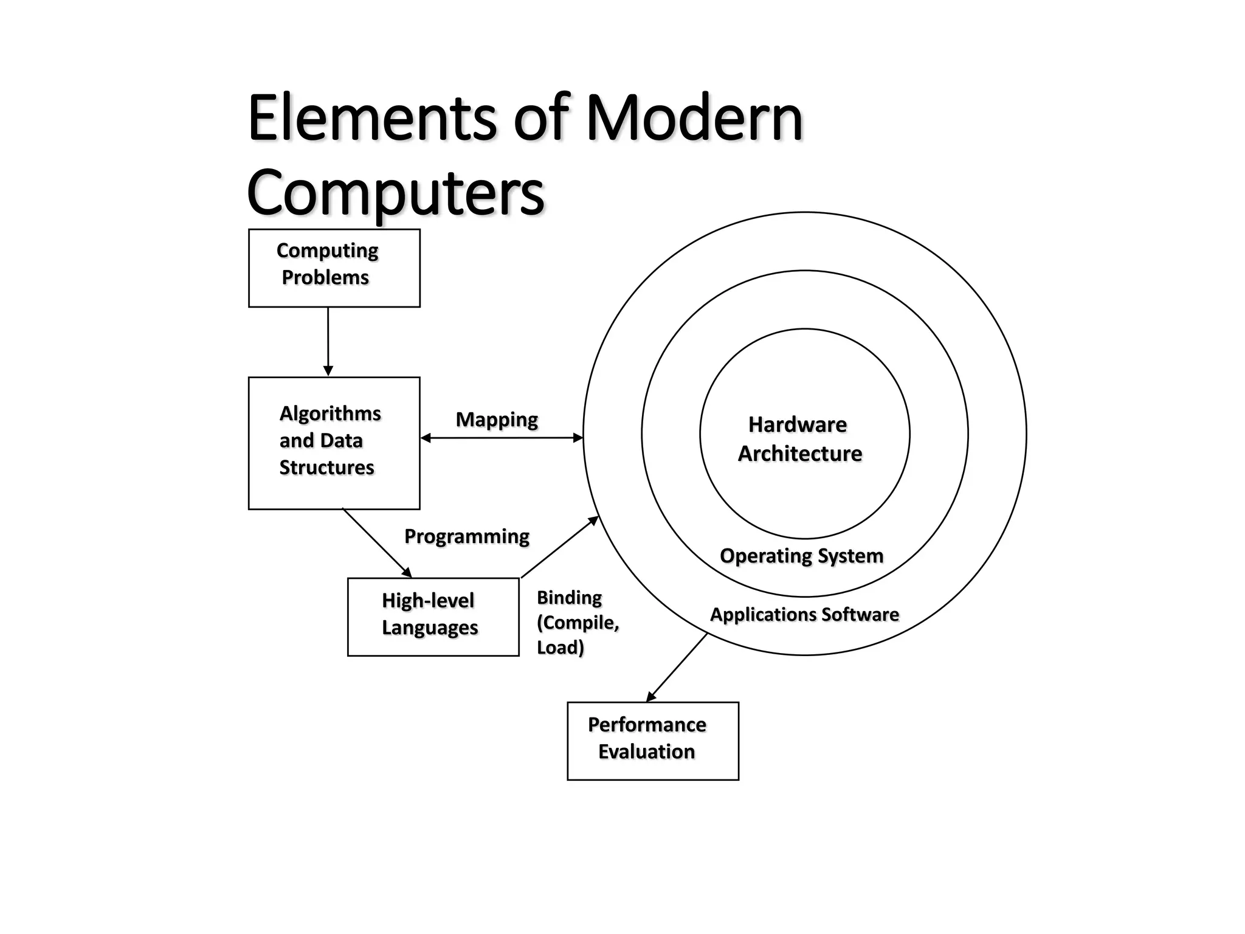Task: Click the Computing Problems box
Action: pos(334,268)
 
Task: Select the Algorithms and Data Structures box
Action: pos(334,443)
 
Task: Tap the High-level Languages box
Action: pos(433,616)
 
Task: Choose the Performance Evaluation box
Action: pos(652,740)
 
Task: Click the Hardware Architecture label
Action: pos(799,439)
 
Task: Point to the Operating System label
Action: pos(801,556)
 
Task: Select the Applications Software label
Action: pos(804,614)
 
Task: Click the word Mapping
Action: pos(497,420)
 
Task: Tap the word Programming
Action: pos(466,536)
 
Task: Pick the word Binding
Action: pos(569,598)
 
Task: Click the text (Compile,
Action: pos(578,623)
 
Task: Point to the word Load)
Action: pos(560,647)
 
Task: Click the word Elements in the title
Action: pos(371,118)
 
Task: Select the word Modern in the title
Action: pos(694,118)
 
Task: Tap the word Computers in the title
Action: pos(395,193)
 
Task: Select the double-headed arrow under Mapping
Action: pos(502,438)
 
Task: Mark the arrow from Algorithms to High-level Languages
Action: pos(377,543)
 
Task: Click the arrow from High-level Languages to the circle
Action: pos(560,547)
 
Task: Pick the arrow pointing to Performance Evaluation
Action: pos(677,667)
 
